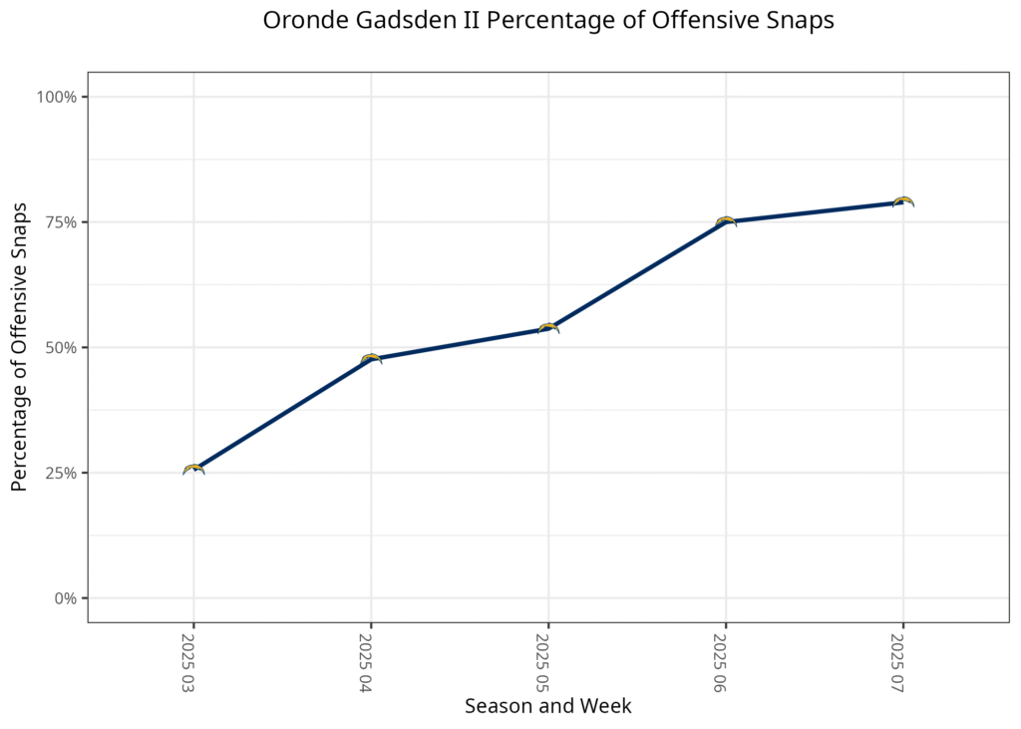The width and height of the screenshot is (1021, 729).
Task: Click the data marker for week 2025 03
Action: pyautogui.click(x=194, y=470)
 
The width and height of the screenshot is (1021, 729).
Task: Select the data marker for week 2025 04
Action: pyautogui.click(x=371, y=359)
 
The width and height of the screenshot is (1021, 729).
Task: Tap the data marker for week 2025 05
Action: pyautogui.click(x=548, y=328)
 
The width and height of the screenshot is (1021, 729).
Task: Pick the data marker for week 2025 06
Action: pyautogui.click(x=726, y=221)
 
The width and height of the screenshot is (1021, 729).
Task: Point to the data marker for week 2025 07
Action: pyautogui.click(x=903, y=201)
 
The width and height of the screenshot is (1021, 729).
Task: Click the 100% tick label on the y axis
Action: pyautogui.click(x=57, y=97)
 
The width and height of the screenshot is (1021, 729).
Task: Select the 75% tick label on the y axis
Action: pyautogui.click(x=61, y=222)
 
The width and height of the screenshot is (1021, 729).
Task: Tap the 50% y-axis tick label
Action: pyautogui.click(x=61, y=347)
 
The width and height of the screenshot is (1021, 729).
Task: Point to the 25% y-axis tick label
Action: pyautogui.click(x=61, y=473)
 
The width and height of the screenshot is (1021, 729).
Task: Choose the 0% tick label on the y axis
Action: pyautogui.click(x=65, y=598)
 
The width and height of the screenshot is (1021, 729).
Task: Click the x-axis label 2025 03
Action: pyautogui.click(x=188, y=662)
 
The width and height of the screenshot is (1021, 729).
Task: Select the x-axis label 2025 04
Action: pyautogui.click(x=366, y=662)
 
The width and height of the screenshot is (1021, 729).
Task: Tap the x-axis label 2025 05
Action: pyautogui.click(x=543, y=662)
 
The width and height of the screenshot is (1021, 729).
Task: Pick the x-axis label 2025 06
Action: pyautogui.click(x=721, y=662)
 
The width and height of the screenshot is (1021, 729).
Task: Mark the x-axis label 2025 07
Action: pyautogui.click(x=898, y=662)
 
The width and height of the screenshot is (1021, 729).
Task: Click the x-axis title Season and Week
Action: pyautogui.click(x=548, y=706)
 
